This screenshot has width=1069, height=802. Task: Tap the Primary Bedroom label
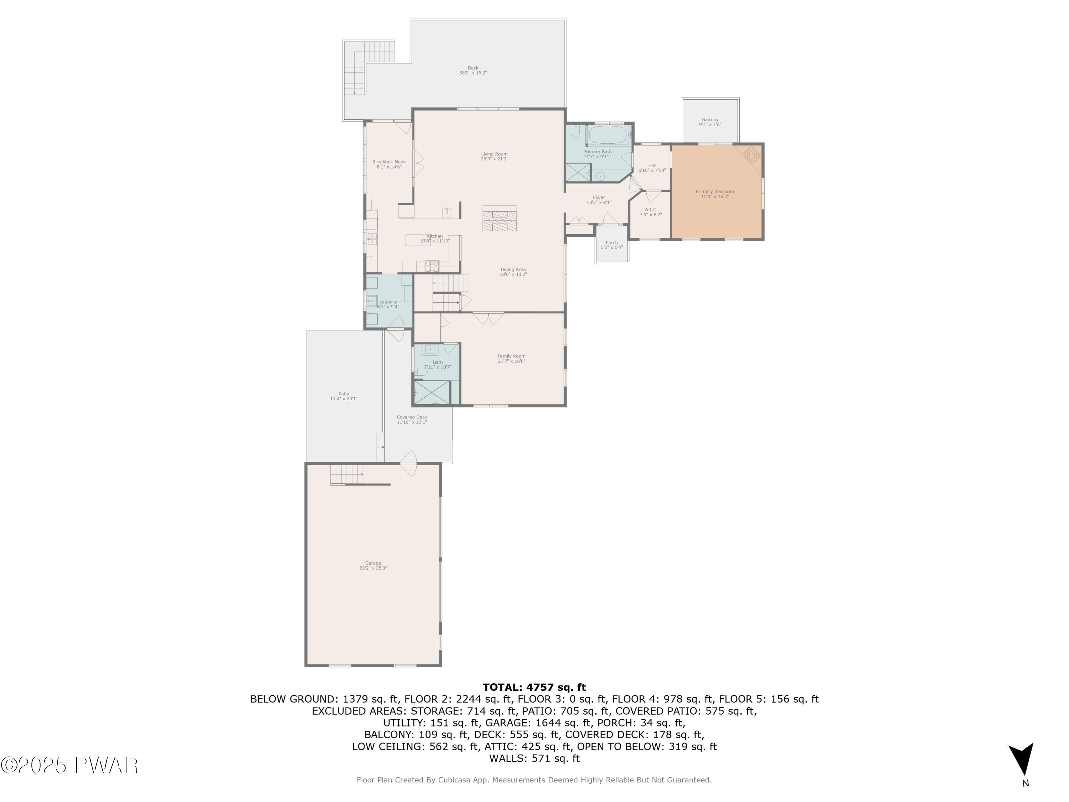coord(714,192)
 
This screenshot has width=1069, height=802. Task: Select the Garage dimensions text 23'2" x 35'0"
coord(373,569)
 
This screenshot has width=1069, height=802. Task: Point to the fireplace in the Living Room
coord(499,218)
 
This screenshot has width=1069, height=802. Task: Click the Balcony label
coord(710,119)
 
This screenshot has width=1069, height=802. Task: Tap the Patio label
coord(344,394)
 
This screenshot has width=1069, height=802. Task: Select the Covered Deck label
coord(412,417)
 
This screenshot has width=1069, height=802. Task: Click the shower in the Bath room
coord(432,392)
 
